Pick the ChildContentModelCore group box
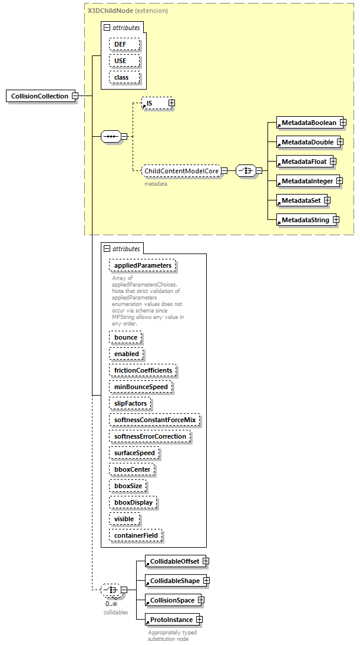pyautogui.click(x=181, y=171)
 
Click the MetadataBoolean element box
pyautogui.click(x=308, y=123)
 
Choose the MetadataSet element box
pyautogui.click(x=300, y=201)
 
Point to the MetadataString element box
pyautogui.click(x=305, y=220)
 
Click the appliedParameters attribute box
pyautogui.click(x=143, y=265)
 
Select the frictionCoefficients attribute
pyautogui.click(x=143, y=370)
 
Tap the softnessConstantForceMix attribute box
pyautogui.click(x=154, y=420)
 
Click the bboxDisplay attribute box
pyautogui.click(x=133, y=502)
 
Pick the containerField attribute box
pyautogui.click(x=136, y=535)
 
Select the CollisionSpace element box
pyautogui.click(x=171, y=600)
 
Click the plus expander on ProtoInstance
pyautogui.click(x=200, y=620)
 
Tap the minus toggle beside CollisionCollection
pyautogui.click(x=75, y=96)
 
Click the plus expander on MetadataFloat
pyautogui.click(x=333, y=161)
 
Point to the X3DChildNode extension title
pyautogui.click(x=127, y=11)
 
